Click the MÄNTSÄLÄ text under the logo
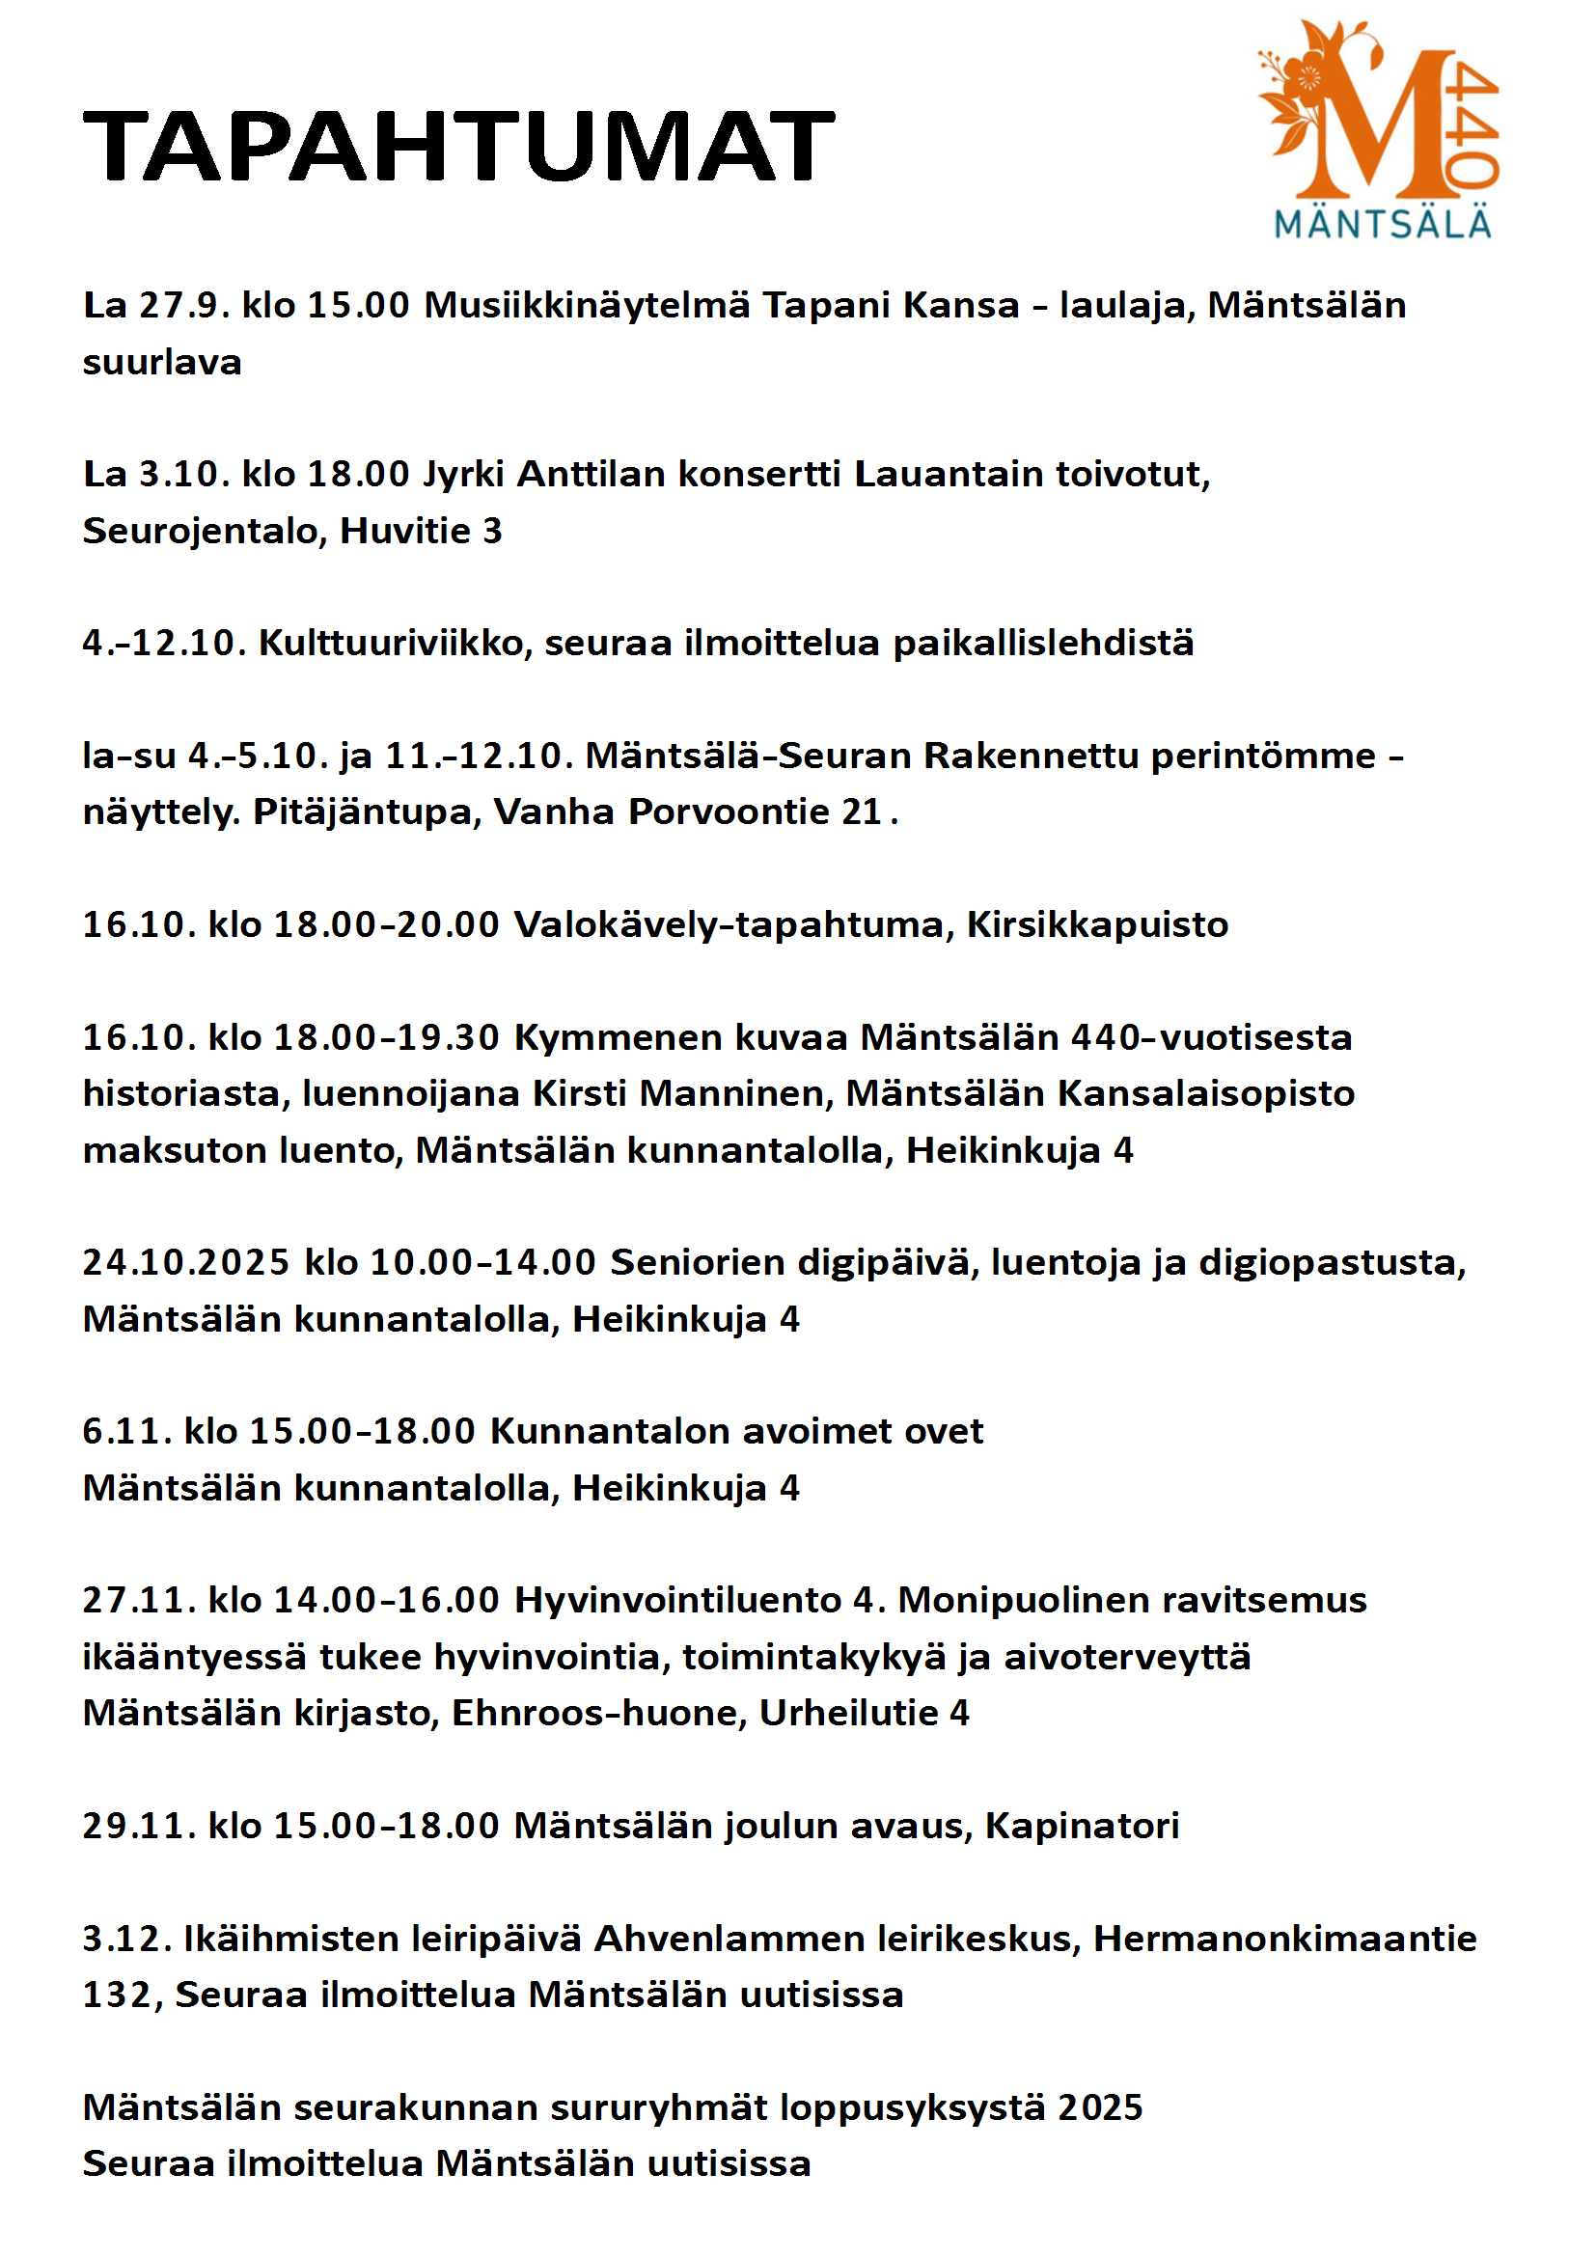point(1383,224)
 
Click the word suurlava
point(162,363)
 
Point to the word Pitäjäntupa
point(367,812)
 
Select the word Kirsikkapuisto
point(1097,925)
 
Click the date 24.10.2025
point(185,1263)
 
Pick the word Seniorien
point(696,1263)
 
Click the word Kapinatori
point(1081,1827)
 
